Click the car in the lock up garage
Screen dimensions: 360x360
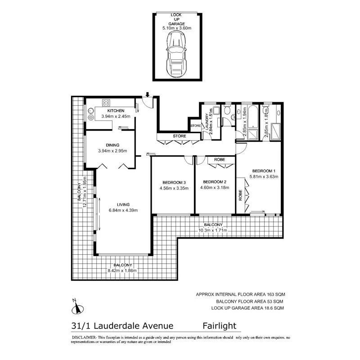(x=176, y=56)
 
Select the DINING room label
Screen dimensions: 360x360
(x=112, y=145)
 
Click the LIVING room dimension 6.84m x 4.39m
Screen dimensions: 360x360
(x=122, y=210)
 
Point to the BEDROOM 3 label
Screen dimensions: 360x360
(x=174, y=182)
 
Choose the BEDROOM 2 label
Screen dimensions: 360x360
(x=214, y=182)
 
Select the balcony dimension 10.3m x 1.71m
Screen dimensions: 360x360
(x=213, y=231)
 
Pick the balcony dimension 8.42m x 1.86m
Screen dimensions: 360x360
(x=122, y=270)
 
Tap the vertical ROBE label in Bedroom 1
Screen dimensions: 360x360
(x=240, y=194)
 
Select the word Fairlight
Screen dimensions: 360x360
(x=219, y=325)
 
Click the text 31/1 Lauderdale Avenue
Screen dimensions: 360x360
(x=119, y=325)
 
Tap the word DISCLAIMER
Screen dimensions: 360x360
(x=82, y=337)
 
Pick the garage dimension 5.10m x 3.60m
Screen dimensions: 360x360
(x=176, y=28)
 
